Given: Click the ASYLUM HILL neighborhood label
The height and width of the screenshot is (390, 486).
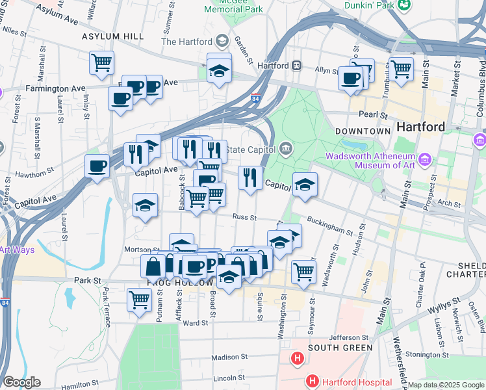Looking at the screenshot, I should (x=112, y=36).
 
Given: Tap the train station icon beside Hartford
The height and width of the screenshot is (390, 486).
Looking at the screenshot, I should (x=296, y=66).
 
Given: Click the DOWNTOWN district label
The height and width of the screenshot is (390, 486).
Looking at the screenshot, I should (x=363, y=131).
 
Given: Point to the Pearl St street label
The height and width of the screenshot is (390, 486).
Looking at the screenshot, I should (x=373, y=114).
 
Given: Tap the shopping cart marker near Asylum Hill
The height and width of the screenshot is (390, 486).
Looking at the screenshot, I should (x=101, y=63).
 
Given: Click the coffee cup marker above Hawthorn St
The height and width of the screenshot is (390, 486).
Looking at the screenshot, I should (x=97, y=166).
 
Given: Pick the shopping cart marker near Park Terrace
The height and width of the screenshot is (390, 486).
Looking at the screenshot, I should (x=139, y=300).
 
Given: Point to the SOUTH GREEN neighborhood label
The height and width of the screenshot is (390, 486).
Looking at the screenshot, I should (x=340, y=348).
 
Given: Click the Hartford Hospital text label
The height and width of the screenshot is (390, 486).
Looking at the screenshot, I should (x=351, y=380).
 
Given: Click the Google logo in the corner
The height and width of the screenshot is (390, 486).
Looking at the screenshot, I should (x=21, y=382).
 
